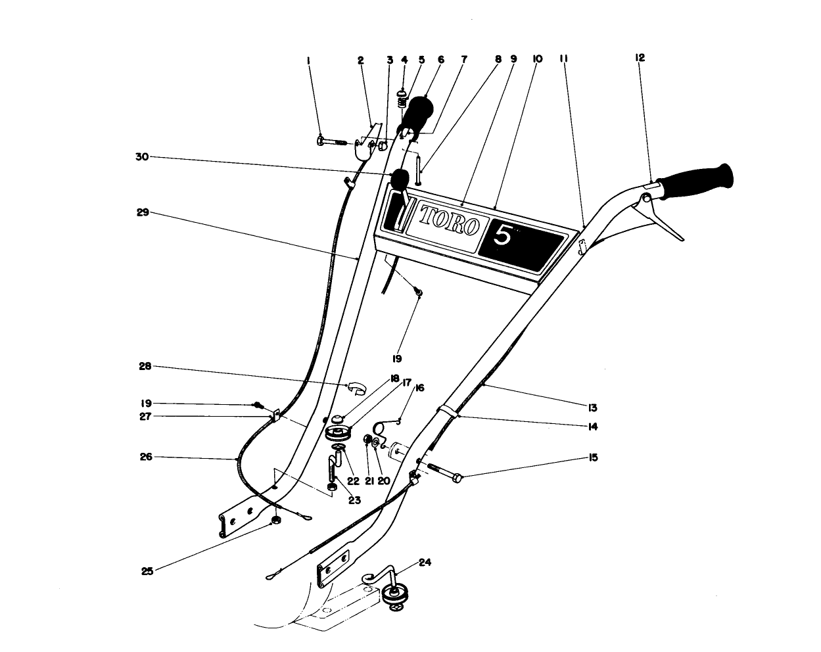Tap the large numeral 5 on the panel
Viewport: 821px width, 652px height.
(503, 235)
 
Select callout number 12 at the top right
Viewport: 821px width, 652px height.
(640, 58)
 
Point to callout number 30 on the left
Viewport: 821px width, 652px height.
(142, 156)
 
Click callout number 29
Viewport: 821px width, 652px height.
(142, 212)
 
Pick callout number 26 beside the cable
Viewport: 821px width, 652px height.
(146, 456)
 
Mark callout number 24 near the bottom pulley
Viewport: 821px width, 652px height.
(424, 563)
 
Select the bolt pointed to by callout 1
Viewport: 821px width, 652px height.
(332, 141)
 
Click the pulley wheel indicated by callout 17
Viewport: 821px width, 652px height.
(339, 436)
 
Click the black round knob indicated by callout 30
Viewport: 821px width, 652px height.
(400, 178)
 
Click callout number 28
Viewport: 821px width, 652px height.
(145, 366)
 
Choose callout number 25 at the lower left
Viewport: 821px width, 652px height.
(147, 571)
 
